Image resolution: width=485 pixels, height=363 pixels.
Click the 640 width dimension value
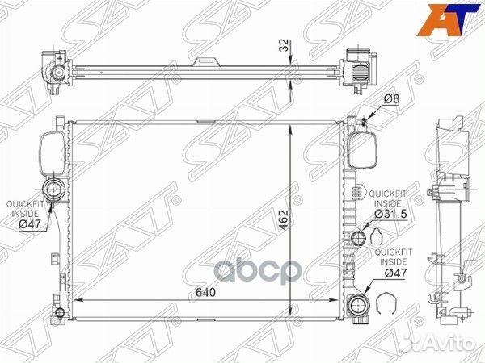click(x=205, y=292)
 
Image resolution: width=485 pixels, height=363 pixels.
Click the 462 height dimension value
click(x=283, y=220)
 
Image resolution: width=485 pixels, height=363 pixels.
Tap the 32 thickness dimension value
click(x=284, y=45)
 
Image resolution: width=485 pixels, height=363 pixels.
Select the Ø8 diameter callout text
click(x=391, y=99)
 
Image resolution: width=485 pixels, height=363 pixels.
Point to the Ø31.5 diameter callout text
click(x=390, y=214)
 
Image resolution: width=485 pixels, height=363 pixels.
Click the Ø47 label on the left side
click(x=30, y=223)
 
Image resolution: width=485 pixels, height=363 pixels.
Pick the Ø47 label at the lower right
click(x=395, y=273)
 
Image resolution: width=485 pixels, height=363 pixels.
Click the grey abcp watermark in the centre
click(x=258, y=271)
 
